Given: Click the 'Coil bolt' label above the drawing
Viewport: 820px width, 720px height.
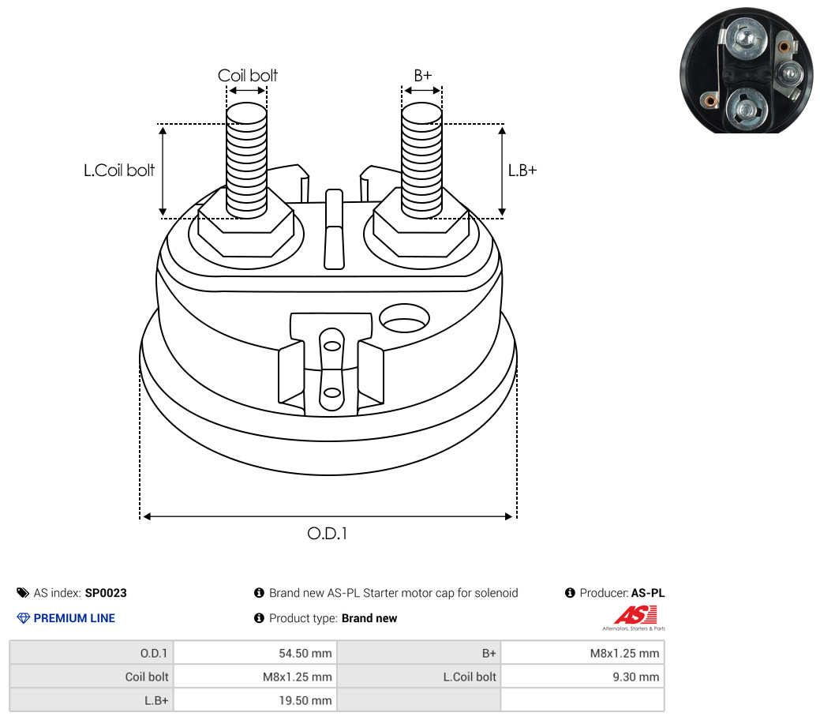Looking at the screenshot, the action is [x=247, y=75].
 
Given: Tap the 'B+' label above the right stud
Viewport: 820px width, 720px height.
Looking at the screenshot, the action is [x=422, y=75].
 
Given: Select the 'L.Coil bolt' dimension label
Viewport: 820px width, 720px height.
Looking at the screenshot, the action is [x=119, y=170].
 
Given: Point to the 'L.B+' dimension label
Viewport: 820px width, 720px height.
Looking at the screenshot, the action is [x=522, y=170].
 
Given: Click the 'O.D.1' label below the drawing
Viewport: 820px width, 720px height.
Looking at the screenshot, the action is [x=328, y=533].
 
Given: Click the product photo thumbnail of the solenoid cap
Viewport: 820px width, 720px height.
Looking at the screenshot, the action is [x=747, y=70].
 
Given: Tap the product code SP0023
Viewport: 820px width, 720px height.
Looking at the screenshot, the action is [x=106, y=593].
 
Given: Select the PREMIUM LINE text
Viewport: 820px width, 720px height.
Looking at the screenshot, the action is [x=74, y=618].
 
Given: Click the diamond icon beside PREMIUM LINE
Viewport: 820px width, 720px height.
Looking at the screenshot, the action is [x=24, y=618].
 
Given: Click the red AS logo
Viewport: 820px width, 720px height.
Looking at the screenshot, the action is [x=635, y=615].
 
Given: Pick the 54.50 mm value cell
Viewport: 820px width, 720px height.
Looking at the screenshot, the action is [x=255, y=653].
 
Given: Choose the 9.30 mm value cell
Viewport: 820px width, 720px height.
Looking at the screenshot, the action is [x=582, y=677].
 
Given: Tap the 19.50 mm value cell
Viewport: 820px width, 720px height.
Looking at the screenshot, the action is [x=255, y=700].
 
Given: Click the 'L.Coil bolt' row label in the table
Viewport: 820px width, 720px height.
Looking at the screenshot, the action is [x=470, y=677].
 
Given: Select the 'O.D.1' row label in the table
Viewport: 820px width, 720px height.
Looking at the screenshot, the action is [x=154, y=653].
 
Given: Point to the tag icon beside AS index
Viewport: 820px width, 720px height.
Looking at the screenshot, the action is [x=22, y=593].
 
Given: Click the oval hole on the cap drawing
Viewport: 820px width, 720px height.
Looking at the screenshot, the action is [x=404, y=318].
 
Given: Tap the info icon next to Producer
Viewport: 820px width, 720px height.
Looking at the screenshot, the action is [x=570, y=593].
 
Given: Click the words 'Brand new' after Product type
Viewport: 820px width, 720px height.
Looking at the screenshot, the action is [x=369, y=618].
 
